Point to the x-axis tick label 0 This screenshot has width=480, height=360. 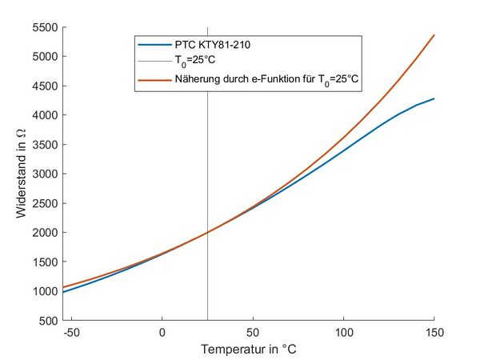[x=162, y=333]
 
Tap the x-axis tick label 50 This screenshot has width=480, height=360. [x=253, y=333]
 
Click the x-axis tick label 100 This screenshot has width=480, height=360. [x=343, y=333]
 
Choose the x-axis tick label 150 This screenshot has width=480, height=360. [x=434, y=333]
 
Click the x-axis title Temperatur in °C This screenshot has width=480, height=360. [x=248, y=350]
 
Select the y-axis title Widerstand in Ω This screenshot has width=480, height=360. [x=21, y=174]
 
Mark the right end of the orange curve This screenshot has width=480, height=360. [x=434, y=35]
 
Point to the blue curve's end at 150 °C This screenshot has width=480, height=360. [x=434, y=99]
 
